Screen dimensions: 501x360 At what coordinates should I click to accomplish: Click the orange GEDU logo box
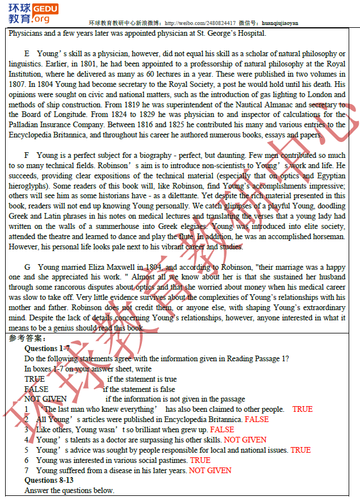tap(45, 9)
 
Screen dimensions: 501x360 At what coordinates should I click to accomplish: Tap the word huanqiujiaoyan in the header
tap(280, 23)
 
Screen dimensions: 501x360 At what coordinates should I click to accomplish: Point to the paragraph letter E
tap(27, 54)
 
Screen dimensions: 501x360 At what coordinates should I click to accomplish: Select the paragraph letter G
tap(27, 267)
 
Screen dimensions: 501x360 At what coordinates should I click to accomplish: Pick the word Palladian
tap(26, 125)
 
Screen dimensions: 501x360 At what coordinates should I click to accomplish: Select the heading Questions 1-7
tap(48, 348)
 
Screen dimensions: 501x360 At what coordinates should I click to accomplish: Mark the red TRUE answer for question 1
tap(302, 410)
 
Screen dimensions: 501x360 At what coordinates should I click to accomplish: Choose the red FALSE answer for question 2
tap(257, 420)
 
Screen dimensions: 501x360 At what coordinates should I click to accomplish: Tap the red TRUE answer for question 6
tap(200, 461)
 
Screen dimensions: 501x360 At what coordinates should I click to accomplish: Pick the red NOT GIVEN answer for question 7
tap(210, 471)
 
